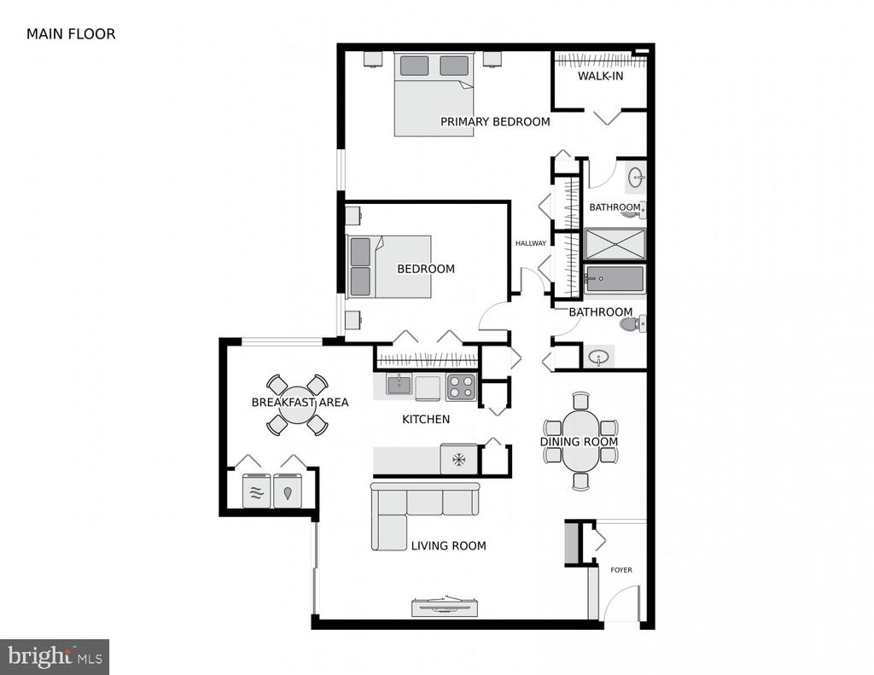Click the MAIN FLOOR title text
point(71,34)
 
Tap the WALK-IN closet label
point(600,76)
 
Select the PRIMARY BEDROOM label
point(495,121)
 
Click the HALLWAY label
point(531,243)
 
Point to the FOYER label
point(621,570)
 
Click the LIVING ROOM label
point(448,545)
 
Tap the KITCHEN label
point(426,419)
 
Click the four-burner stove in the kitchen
point(461,387)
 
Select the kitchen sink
point(399,385)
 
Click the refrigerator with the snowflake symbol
point(458,459)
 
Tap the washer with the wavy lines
point(256,491)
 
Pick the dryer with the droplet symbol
point(288,491)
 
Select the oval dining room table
point(580,441)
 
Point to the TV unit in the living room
point(445,607)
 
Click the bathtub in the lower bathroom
point(615,280)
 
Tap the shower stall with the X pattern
point(615,244)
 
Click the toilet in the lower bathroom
point(632,323)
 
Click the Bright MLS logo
point(54,656)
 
